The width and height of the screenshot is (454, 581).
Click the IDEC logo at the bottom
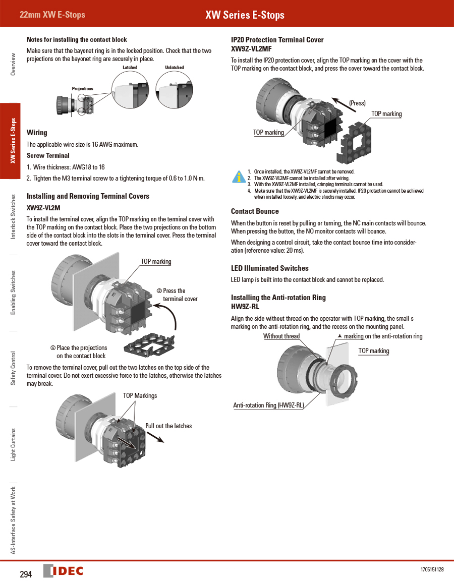click(x=64, y=571)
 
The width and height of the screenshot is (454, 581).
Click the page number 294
click(x=26, y=574)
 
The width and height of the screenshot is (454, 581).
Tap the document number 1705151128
click(x=432, y=569)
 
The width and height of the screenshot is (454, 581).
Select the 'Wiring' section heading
click(x=37, y=133)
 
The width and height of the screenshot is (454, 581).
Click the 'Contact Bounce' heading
click(x=255, y=211)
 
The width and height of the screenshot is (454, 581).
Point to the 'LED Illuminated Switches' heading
click(x=269, y=268)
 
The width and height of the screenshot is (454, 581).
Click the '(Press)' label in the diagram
click(x=357, y=103)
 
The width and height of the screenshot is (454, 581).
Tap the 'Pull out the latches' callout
click(x=168, y=426)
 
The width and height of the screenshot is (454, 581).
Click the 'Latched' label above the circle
click(x=130, y=68)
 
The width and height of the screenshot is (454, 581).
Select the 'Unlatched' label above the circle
click(x=174, y=68)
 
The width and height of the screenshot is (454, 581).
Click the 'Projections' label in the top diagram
click(x=82, y=89)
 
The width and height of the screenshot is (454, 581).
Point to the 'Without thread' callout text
click(x=281, y=336)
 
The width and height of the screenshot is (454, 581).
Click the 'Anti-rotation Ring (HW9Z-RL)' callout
click(x=268, y=405)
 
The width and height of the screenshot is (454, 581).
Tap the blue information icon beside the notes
click(x=238, y=177)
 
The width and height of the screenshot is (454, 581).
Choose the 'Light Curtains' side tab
click(x=14, y=444)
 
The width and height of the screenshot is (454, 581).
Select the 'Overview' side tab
click(x=14, y=64)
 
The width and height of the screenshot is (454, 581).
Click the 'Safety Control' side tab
click(x=14, y=369)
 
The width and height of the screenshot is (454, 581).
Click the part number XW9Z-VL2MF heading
click(x=251, y=49)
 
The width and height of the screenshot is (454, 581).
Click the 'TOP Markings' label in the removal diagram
click(x=140, y=396)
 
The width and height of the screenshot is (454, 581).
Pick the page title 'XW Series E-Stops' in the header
click(x=245, y=15)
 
